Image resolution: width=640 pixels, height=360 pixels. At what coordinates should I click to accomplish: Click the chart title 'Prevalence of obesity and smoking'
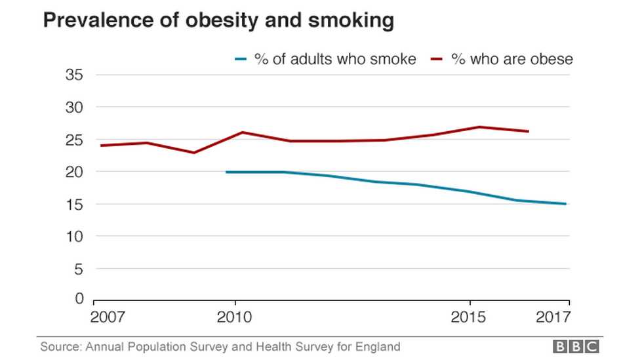click(x=218, y=21)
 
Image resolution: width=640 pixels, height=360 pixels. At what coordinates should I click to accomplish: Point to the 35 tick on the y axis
click(x=75, y=75)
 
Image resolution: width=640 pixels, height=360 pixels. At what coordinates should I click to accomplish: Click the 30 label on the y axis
click(x=75, y=107)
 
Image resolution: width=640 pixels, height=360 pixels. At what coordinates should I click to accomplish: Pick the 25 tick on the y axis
click(x=75, y=140)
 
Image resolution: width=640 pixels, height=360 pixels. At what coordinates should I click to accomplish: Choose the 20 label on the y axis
click(x=75, y=172)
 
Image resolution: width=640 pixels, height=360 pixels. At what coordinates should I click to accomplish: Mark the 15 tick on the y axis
click(x=75, y=204)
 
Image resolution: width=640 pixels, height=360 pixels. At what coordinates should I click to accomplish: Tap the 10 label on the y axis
click(x=75, y=236)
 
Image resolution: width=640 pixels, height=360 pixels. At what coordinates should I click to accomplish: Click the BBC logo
click(x=576, y=346)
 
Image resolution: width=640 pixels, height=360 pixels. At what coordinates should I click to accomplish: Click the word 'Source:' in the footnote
click(x=60, y=346)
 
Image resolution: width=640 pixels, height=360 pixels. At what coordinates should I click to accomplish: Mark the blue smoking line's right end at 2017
click(x=565, y=204)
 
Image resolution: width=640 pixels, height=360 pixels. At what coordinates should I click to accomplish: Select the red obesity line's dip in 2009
click(x=193, y=153)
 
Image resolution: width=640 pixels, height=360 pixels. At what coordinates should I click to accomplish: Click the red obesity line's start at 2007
click(x=96, y=146)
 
